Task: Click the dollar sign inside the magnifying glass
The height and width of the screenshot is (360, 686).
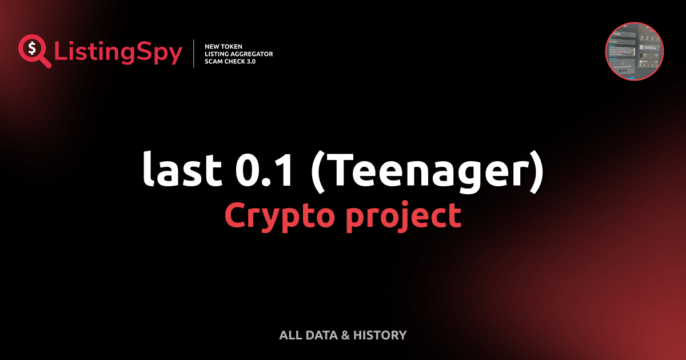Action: pyautogui.click(x=31, y=48)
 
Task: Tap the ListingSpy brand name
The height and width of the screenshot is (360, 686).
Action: pyautogui.click(x=118, y=53)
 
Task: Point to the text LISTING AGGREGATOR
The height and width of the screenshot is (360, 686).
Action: pyautogui.click(x=238, y=54)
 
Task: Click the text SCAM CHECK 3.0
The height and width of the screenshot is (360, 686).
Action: pyautogui.click(x=230, y=61)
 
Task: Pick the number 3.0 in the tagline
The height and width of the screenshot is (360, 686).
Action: pyautogui.click(x=250, y=61)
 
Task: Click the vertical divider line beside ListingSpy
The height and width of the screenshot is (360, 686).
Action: pyautogui.click(x=195, y=53)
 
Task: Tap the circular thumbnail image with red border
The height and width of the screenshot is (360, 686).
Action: pyautogui.click(x=634, y=51)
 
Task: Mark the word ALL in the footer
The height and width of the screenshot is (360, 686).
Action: pyautogui.click(x=290, y=335)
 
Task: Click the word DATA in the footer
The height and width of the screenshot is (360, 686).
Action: pyautogui.click(x=321, y=335)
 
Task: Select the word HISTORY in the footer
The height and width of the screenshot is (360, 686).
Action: pyautogui.click(x=380, y=335)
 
